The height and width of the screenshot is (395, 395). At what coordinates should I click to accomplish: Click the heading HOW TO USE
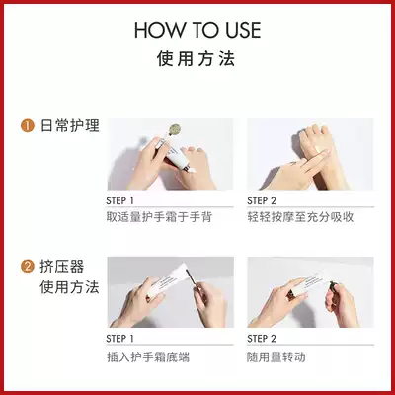click(x=197, y=30)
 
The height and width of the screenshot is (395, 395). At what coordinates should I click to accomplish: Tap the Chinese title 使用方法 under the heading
click(x=196, y=59)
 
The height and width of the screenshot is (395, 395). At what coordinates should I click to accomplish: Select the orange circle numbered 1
click(x=28, y=126)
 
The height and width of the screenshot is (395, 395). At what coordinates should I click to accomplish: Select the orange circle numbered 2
click(x=28, y=267)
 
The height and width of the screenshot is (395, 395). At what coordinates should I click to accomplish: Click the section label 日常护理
click(x=70, y=126)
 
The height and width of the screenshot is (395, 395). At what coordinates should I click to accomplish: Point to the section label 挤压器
click(x=62, y=267)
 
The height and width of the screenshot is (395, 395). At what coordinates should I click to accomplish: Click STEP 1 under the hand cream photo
click(x=119, y=201)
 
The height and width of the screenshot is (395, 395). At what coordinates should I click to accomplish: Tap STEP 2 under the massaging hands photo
click(x=262, y=201)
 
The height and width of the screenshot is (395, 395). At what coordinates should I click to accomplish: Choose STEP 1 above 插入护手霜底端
click(x=119, y=339)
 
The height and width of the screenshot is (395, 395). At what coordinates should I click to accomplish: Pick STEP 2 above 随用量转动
click(x=262, y=339)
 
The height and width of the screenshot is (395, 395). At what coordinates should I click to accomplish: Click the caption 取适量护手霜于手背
click(x=159, y=217)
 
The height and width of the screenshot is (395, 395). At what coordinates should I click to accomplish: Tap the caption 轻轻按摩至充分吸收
click(x=300, y=217)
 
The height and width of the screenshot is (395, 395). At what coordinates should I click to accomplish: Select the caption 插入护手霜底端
click(x=148, y=357)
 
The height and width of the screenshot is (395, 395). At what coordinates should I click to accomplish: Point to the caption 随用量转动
click(x=276, y=357)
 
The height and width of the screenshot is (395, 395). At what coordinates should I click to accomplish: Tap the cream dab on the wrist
click(x=319, y=149)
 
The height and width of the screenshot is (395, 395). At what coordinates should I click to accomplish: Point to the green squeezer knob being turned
click(x=333, y=286)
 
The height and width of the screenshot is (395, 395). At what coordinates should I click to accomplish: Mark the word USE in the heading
click(x=243, y=30)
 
